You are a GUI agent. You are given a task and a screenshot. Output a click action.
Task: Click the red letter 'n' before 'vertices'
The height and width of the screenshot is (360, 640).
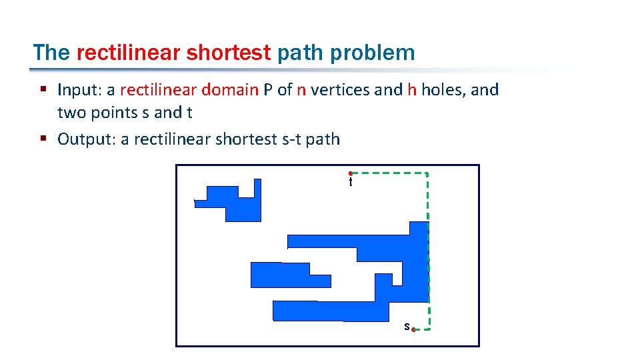click(301, 89)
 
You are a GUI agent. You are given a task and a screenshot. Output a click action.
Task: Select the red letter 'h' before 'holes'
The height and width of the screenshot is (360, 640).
click(411, 89)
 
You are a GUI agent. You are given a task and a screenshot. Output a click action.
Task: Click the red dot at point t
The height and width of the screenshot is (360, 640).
click(350, 173)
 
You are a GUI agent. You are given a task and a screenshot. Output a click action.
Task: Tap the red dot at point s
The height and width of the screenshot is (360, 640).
click(413, 329)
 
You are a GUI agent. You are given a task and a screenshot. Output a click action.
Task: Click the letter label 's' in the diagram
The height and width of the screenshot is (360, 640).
click(407, 326)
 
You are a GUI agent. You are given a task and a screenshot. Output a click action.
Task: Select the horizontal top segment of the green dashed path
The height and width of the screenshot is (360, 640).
click(389, 173)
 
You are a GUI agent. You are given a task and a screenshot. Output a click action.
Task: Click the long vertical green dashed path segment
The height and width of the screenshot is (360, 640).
click(428, 253)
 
